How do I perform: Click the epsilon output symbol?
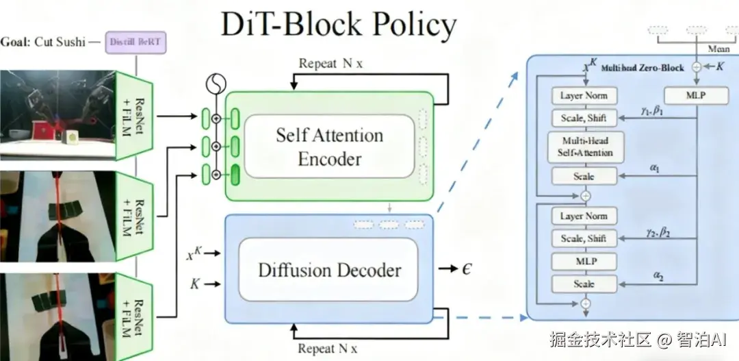coord(467,268)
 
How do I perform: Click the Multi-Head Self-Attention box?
coord(584,146)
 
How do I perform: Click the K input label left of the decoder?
coord(195,283)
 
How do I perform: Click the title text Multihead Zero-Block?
coord(642,69)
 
